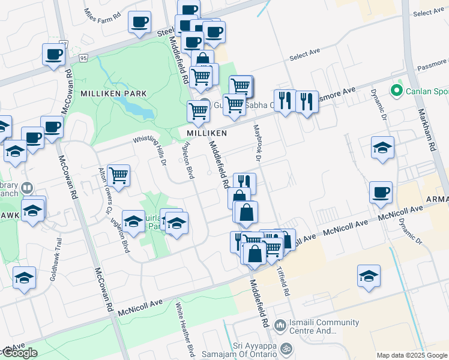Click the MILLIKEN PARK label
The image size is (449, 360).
click(110, 94)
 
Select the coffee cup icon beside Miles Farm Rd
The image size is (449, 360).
click(140, 22)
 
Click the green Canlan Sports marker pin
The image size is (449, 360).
click(396, 91)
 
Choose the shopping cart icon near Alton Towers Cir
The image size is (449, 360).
click(118, 176)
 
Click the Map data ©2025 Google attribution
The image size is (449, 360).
click(411, 355)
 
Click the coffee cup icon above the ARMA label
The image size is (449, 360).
click(381, 192)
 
